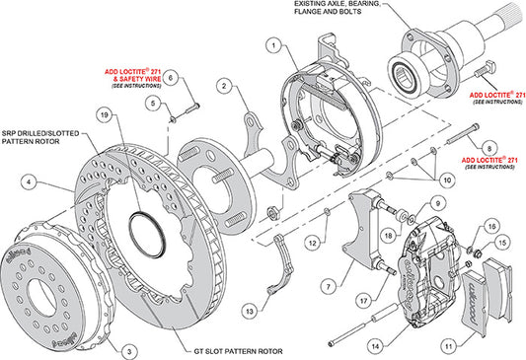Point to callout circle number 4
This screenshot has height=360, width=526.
(31, 181)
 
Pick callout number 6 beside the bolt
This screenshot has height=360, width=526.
(170, 77)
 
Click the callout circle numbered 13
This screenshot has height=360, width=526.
(249, 312)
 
